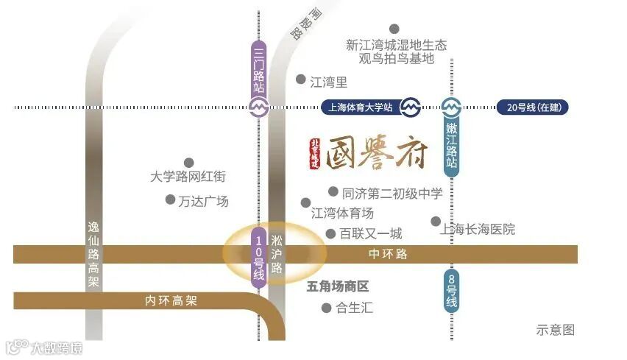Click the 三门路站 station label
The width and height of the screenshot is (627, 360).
258,68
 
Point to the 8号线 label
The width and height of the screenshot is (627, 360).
451,290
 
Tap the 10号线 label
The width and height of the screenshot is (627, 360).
258,255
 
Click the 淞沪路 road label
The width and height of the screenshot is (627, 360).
277,255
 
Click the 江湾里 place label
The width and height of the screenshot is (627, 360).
328,82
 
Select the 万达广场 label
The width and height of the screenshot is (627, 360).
203,201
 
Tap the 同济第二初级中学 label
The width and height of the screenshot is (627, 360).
392,194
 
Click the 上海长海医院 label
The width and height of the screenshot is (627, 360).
477,229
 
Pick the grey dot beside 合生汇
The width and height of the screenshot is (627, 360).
327,308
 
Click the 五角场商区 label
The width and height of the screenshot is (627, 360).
337,286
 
